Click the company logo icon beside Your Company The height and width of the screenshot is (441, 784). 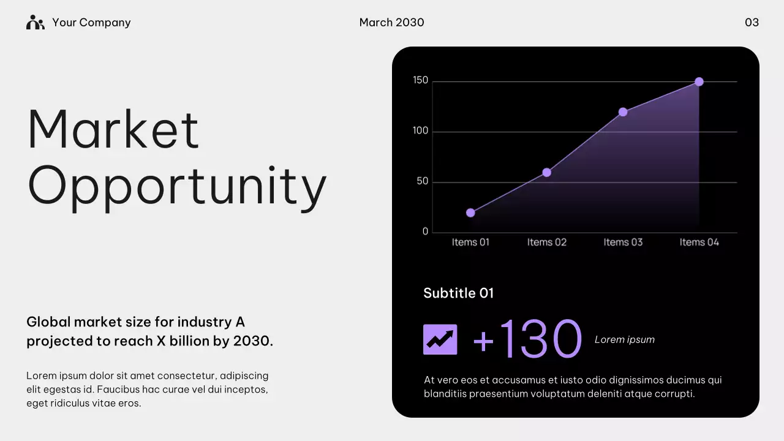click(x=36, y=23)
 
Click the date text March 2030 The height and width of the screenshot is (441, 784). click(x=391, y=23)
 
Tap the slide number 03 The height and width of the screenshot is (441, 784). click(x=752, y=23)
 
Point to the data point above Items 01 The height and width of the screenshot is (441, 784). click(x=470, y=213)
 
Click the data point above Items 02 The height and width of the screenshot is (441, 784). click(x=547, y=173)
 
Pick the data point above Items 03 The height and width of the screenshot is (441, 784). click(x=623, y=112)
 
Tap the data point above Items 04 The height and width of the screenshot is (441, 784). click(x=699, y=81)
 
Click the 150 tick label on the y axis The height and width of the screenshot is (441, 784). click(x=420, y=80)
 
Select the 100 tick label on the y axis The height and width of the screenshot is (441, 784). click(x=420, y=131)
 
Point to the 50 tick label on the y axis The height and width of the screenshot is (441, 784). click(x=422, y=182)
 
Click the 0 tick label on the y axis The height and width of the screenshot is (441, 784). click(x=425, y=232)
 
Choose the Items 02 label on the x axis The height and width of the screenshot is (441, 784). click(x=547, y=243)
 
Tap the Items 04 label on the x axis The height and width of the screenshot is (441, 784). click(x=699, y=243)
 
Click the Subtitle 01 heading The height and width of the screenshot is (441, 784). click(x=458, y=293)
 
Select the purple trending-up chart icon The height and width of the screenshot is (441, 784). click(x=440, y=339)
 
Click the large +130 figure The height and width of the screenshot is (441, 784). click(x=527, y=339)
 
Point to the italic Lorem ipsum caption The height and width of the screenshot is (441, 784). click(x=624, y=340)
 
